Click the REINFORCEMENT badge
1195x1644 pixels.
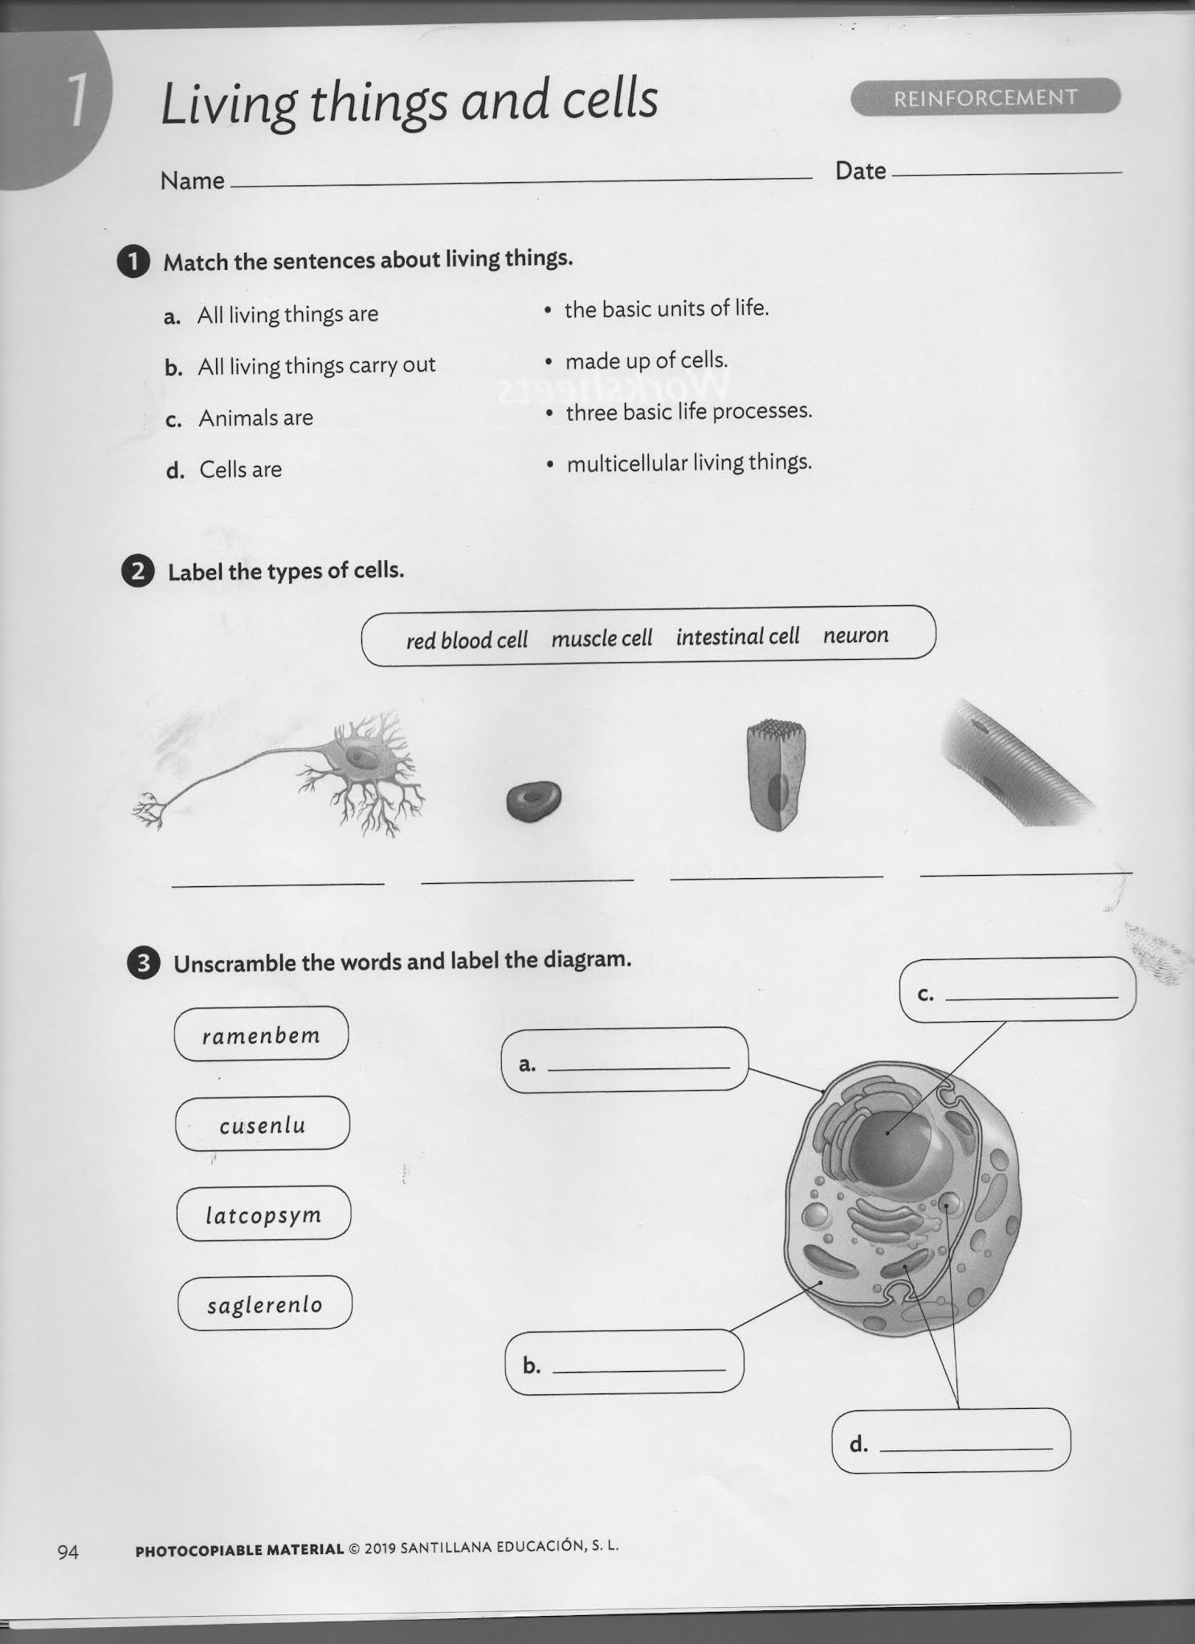[985, 97]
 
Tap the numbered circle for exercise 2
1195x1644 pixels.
[137, 572]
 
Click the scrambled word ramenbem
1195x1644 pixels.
[261, 1034]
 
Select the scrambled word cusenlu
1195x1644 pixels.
[263, 1124]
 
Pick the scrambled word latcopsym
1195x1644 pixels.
[263, 1214]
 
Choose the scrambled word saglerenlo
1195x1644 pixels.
[264, 1304]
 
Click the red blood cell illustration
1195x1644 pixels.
[533, 801]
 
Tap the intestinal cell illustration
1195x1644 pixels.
[775, 775]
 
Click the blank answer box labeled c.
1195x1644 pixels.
[1018, 989]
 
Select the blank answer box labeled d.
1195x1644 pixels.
[951, 1440]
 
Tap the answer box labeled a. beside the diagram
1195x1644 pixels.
[625, 1060]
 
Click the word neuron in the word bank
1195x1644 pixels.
[855, 635]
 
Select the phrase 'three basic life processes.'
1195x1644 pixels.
[689, 412]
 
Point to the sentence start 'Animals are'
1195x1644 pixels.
[255, 417]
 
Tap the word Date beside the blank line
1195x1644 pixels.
[860, 170]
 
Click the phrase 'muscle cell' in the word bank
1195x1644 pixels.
[602, 638]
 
